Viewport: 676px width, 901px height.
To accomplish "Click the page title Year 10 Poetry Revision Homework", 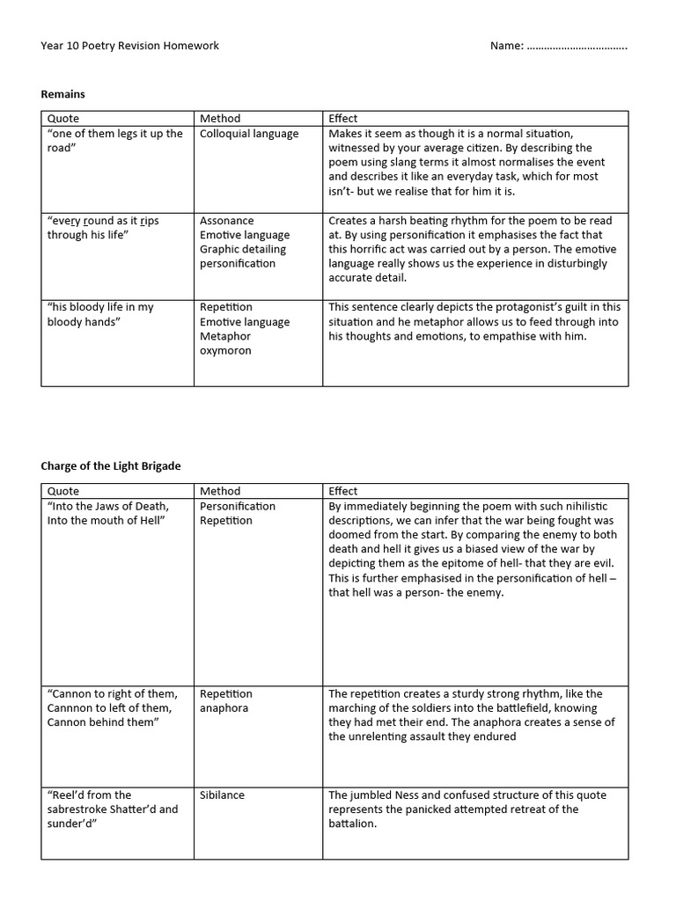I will pos(130,46).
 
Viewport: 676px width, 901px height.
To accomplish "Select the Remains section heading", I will pos(63,92).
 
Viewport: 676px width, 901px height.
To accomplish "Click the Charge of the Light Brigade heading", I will pos(111,465).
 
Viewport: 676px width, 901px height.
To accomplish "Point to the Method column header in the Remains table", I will pos(220,118).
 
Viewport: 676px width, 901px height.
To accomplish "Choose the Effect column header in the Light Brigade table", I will pos(343,491).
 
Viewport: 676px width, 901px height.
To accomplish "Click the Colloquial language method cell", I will pos(249,134).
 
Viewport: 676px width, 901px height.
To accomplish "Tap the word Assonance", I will pos(226,221).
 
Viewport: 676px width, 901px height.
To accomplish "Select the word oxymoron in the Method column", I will pos(225,350).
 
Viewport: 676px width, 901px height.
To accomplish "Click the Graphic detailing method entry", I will pos(243,249).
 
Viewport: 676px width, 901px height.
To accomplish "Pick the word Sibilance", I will pos(222,795).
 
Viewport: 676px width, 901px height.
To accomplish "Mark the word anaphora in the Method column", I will pos(224,707).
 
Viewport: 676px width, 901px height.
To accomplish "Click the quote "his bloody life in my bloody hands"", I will pos(100,314).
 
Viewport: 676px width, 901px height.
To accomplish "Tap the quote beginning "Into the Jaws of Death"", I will pos(108,513).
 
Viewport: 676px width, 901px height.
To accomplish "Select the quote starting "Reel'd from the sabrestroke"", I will pos(112,809).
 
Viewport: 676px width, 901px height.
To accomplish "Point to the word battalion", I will pos(351,824).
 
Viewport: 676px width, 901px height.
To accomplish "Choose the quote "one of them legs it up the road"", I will pos(114,141).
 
